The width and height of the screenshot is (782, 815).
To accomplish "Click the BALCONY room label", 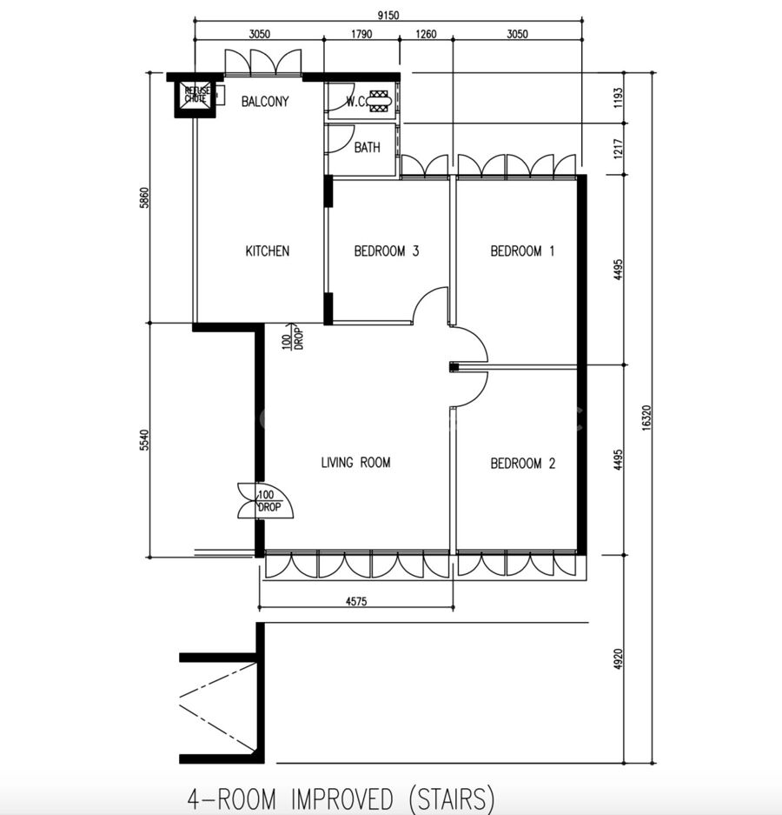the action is [265, 101].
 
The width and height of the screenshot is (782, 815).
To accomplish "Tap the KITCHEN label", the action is [268, 251].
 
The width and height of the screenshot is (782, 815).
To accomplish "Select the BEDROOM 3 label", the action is [387, 251].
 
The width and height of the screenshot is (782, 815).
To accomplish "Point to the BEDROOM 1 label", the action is [522, 251].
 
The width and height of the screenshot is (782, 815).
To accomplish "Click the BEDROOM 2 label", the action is [523, 463].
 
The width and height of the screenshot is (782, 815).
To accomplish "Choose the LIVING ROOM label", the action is [355, 462].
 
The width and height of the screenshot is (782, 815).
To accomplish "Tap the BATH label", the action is [368, 148].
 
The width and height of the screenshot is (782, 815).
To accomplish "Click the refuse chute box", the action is [195, 97].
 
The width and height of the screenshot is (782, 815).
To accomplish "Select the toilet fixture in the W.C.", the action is [379, 101].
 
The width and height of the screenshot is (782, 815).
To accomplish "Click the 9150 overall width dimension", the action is [388, 15].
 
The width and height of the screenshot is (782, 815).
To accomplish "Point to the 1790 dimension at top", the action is [361, 34].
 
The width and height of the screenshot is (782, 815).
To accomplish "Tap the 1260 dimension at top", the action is [426, 34].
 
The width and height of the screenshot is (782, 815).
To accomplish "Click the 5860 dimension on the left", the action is [144, 198].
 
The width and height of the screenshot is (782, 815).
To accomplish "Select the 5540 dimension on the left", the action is [144, 440].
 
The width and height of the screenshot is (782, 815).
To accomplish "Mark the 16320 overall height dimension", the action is [646, 418].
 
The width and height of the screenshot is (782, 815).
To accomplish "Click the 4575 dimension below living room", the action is [356, 601].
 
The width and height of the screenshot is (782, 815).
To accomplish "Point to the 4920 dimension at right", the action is [618, 659].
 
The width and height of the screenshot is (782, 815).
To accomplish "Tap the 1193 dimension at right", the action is [618, 97].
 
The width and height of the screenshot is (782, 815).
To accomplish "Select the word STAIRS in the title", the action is [452, 798].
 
